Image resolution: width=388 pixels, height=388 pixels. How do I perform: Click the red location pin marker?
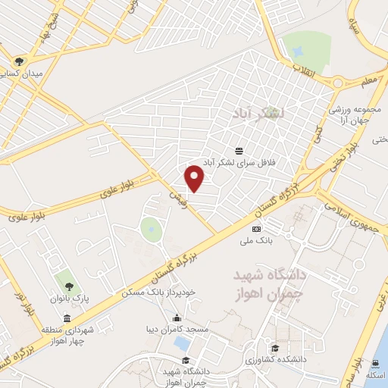(x=196, y=177)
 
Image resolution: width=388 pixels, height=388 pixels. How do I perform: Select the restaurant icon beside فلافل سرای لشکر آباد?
(x=239, y=151)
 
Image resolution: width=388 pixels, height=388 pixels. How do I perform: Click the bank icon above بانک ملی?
(x=255, y=228)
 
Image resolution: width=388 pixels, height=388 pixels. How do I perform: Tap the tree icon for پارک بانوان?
(x=69, y=286)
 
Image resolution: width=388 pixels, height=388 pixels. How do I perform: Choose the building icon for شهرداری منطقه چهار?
(x=68, y=318)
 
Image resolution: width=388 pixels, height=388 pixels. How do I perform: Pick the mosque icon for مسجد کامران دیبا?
(x=177, y=318)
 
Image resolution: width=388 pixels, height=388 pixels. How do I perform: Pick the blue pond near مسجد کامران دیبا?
(x=182, y=342)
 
